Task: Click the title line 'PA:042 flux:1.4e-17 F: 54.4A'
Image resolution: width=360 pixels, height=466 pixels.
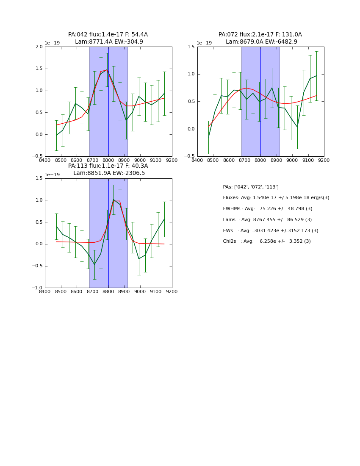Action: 108,35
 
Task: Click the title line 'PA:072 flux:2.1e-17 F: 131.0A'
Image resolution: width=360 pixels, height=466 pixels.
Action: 260,35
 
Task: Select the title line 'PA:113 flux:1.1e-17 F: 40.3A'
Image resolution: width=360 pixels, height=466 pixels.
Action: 108,166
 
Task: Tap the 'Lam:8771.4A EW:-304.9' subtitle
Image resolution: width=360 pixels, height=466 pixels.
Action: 109,42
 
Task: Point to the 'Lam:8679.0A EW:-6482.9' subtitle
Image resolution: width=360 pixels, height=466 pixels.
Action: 261,42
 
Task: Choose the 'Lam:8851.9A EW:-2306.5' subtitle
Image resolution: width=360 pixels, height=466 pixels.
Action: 109,173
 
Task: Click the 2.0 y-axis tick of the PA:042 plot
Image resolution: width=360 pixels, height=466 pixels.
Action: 39,47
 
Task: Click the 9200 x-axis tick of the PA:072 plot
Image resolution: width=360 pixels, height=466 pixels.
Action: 324,161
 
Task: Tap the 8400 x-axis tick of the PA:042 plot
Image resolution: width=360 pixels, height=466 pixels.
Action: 45,161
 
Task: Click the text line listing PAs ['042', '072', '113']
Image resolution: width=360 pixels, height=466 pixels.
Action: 251,187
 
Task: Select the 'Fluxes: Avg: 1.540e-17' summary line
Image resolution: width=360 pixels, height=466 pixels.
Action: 276,198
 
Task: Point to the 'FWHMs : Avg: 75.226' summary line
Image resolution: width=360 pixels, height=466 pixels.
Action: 268,209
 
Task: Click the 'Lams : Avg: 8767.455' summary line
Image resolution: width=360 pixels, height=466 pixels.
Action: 267,220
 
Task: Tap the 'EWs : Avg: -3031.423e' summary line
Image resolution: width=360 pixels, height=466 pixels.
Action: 270,231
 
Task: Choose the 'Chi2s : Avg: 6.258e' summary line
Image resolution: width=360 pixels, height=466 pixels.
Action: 267,241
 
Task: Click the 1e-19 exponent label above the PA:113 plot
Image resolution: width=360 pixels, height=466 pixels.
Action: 52,175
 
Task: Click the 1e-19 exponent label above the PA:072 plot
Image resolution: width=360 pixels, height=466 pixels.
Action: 204,43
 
